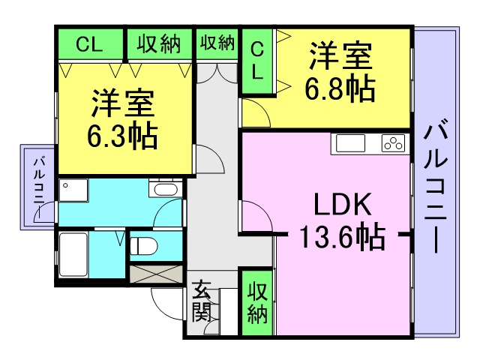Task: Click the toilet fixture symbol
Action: point(143,246)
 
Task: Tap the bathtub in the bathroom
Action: point(73,255)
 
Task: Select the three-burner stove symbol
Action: point(393,143)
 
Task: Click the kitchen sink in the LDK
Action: point(350,143)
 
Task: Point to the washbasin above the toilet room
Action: point(165,189)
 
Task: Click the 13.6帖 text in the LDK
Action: point(342,236)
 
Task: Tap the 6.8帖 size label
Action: point(340,88)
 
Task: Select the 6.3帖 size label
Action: point(122,136)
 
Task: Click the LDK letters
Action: point(343,204)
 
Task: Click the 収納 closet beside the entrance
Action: point(257,303)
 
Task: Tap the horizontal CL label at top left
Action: point(89,45)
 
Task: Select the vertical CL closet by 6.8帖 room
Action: point(257,61)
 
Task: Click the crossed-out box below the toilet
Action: point(156,274)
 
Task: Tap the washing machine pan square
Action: point(73,190)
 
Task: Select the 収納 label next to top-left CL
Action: point(159,44)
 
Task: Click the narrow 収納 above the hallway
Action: point(217,43)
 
